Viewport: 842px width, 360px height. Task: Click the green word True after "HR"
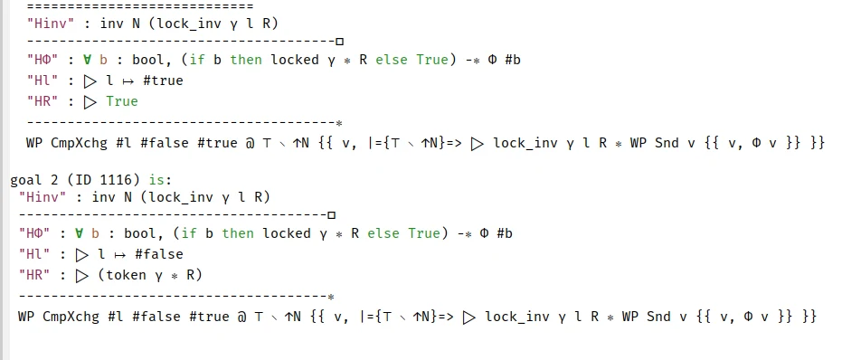(122, 101)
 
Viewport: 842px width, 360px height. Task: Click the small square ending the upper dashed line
(339, 42)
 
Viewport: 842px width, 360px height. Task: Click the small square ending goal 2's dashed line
(331, 215)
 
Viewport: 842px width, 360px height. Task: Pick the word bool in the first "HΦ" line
(148, 60)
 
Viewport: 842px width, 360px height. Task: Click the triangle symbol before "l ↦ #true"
(90, 81)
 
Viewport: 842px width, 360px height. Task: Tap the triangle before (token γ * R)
(82, 276)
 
